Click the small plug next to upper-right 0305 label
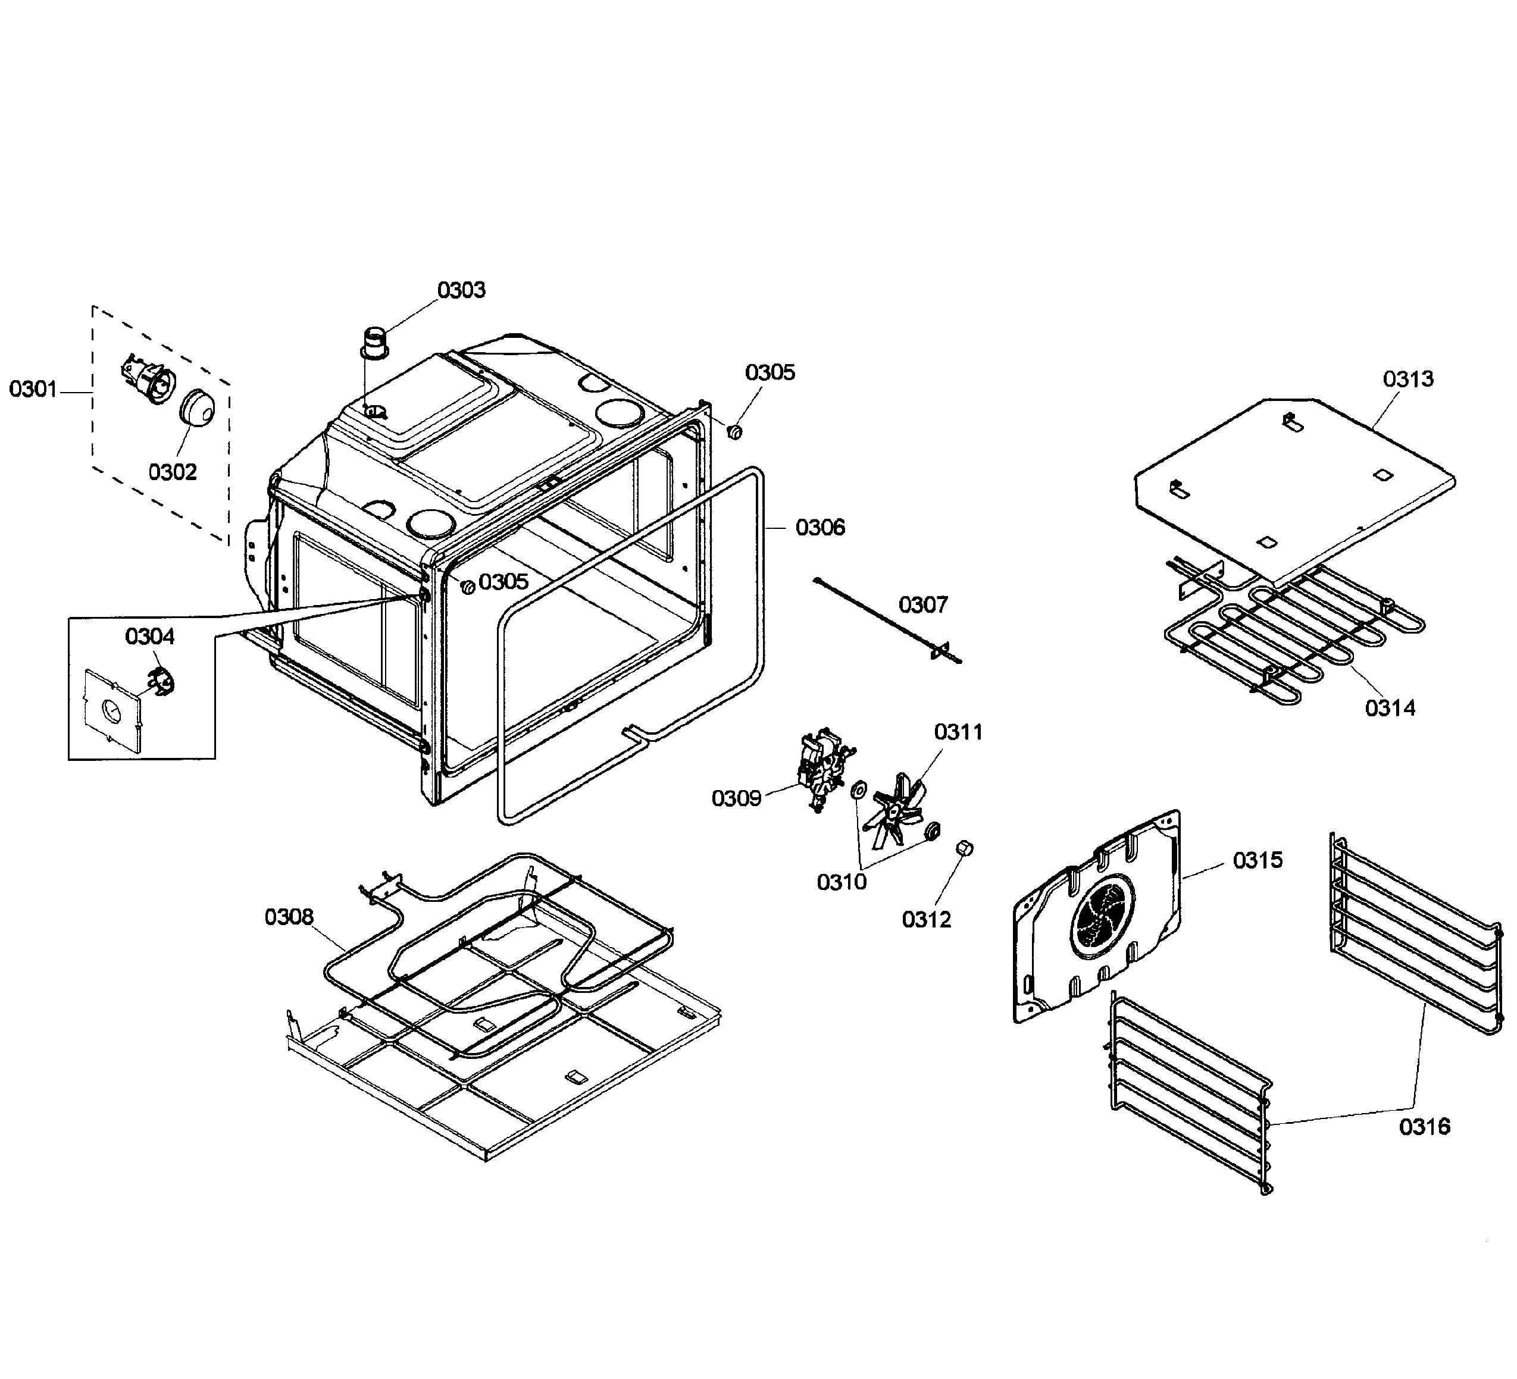pos(735,431)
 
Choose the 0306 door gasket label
pos(820,527)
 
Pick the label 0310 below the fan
pos(842,882)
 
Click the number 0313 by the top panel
pos(1408,379)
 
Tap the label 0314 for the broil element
pos(1390,708)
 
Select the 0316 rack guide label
pos(1424,1126)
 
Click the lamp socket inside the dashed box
pos(148,381)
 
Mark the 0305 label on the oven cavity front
pos(503,582)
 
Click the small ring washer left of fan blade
pos(857,791)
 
